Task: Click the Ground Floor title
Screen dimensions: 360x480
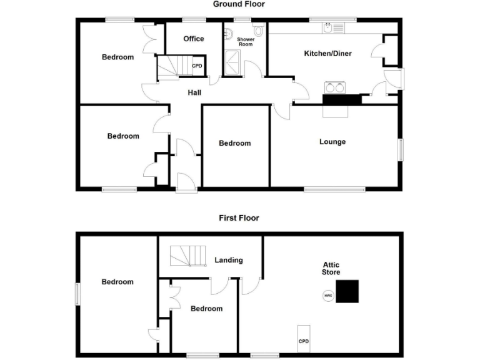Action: point(239,4)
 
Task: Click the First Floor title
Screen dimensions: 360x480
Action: point(239,218)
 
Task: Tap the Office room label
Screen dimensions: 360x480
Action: point(194,39)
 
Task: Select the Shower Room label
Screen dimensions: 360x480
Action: point(245,42)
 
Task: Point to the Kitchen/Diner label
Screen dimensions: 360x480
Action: point(327,54)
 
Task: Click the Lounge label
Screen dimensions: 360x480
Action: point(332,142)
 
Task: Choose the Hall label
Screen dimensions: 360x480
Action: point(195,93)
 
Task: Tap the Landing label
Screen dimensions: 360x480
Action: point(228,260)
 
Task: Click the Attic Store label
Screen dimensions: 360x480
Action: point(331,269)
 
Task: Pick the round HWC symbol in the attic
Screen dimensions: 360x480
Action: point(328,296)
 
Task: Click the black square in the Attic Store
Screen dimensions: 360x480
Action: point(347,291)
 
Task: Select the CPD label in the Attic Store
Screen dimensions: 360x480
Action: point(304,341)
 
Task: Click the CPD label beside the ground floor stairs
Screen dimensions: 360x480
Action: point(197,66)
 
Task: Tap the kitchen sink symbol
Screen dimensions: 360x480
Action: point(331,27)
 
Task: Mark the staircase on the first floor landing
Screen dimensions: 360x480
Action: point(188,255)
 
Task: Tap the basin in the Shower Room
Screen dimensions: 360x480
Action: point(229,34)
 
